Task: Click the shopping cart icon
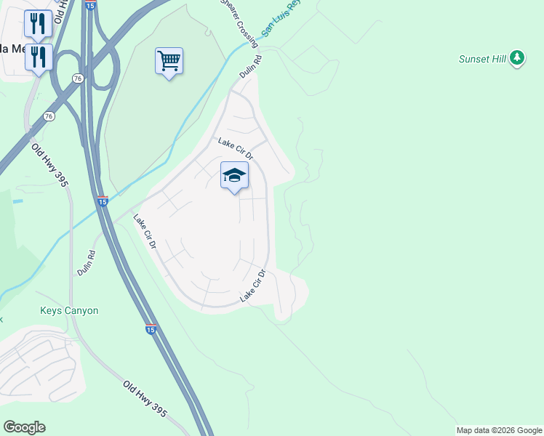pyautogui.click(x=169, y=61)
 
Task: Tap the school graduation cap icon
pyautogui.click(x=234, y=175)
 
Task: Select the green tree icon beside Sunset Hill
pyautogui.click(x=517, y=58)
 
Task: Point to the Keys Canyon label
pyautogui.click(x=68, y=310)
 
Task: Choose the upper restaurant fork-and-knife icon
pyautogui.click(x=38, y=24)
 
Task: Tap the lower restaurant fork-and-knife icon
pyautogui.click(x=39, y=57)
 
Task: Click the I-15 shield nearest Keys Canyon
pyautogui.click(x=151, y=329)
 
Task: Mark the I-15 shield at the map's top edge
pyautogui.click(x=89, y=5)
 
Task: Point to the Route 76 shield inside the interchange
pyautogui.click(x=78, y=78)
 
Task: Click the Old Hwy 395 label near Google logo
pyautogui.click(x=145, y=399)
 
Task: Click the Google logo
pyautogui.click(x=24, y=427)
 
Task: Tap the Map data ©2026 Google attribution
pyautogui.click(x=499, y=430)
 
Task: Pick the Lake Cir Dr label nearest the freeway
pyautogui.click(x=144, y=232)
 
